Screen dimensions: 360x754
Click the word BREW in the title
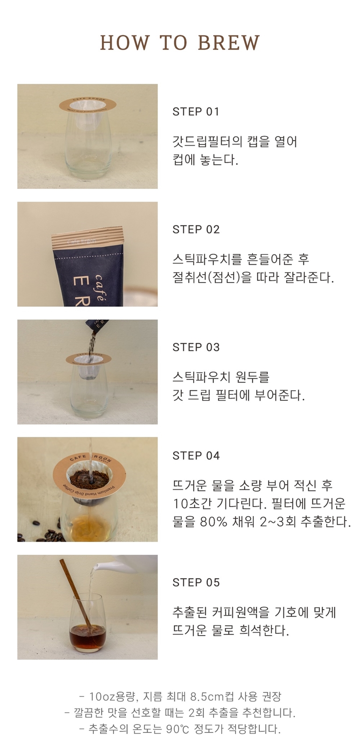229,43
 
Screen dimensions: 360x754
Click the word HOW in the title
124,43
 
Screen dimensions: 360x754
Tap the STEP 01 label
196,111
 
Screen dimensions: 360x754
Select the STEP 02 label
196,229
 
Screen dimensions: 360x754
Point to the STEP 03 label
196,347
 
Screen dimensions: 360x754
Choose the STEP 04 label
196,456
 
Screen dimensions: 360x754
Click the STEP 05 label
196,582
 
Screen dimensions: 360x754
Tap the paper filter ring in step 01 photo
87,104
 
